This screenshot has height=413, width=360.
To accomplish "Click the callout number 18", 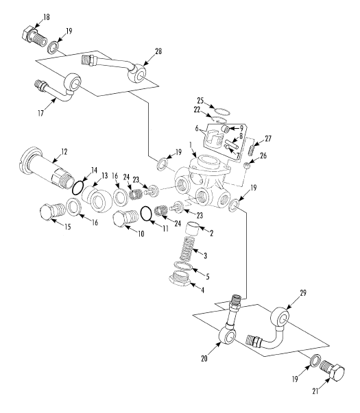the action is (x=47, y=17).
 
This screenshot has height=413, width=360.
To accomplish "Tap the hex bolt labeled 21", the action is (x=332, y=372).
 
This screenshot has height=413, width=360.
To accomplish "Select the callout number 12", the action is (x=64, y=152).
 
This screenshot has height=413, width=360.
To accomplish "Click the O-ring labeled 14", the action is (x=78, y=188).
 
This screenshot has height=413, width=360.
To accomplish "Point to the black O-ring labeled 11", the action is (x=147, y=214).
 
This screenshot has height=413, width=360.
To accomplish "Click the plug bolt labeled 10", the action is (x=125, y=218).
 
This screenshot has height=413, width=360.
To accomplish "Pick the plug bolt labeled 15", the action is (x=52, y=211).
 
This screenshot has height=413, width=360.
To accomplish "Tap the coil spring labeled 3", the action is (x=188, y=249).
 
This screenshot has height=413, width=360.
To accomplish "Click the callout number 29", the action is (x=303, y=293).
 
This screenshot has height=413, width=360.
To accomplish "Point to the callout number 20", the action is (x=204, y=358).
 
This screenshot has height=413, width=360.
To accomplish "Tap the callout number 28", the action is (x=158, y=51).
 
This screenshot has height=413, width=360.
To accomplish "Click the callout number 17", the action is (x=40, y=113).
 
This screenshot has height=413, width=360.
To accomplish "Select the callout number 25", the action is (x=200, y=101).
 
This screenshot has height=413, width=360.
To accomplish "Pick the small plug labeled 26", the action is (x=246, y=166).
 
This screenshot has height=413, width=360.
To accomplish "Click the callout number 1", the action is (x=191, y=145).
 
